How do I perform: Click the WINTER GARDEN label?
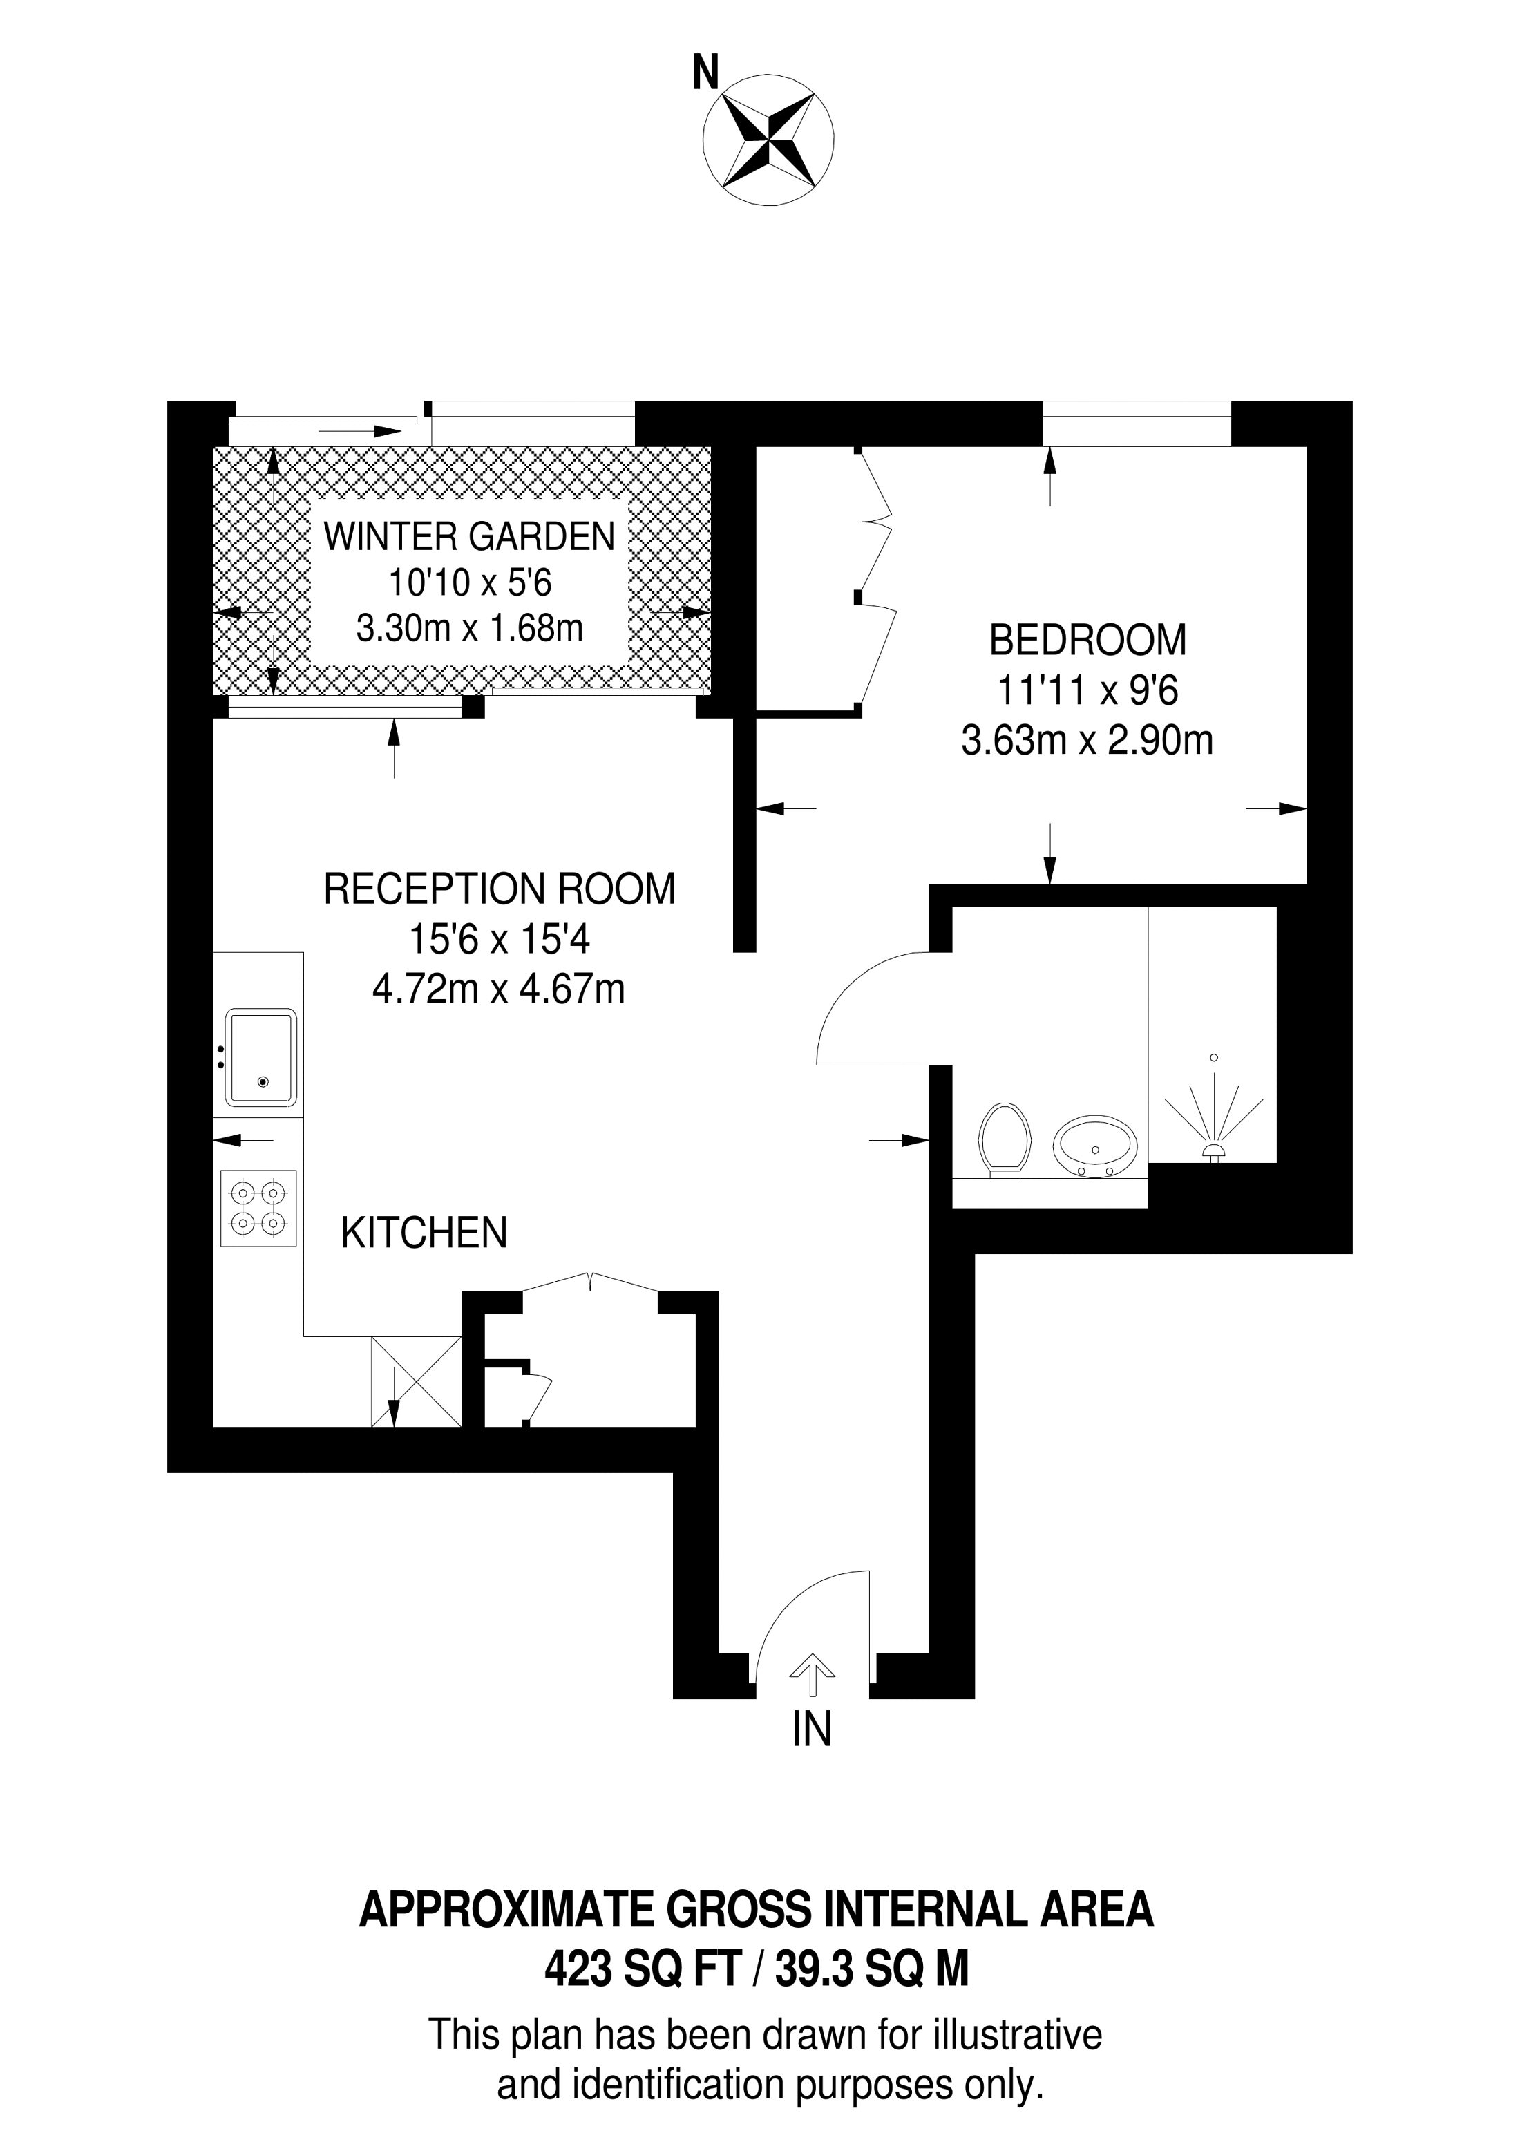[x=469, y=537]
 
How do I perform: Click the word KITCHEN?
[x=424, y=1233]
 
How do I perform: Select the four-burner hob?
[x=258, y=1208]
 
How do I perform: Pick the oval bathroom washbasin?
[x=1095, y=1146]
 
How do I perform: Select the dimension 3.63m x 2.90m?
[x=1087, y=741]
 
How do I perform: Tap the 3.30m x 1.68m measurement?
[x=469, y=627]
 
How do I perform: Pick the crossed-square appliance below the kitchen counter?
[x=417, y=1381]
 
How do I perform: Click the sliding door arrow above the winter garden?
[x=360, y=432]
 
